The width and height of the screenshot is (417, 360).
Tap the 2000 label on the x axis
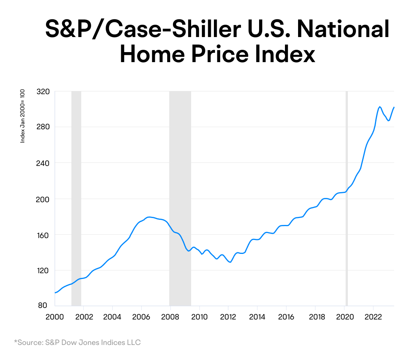(54, 317)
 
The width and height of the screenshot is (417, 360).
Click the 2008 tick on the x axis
(170, 317)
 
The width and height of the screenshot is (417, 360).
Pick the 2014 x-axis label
(257, 317)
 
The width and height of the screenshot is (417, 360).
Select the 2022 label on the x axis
(373, 317)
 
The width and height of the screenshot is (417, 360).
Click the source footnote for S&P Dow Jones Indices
(77, 342)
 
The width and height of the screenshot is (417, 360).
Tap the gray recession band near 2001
(76, 193)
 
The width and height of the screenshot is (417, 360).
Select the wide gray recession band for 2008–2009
(180, 193)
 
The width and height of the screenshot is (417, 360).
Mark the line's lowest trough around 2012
(230, 262)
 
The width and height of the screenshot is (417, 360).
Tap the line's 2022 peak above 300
(380, 106)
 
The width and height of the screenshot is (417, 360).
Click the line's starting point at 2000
(55, 293)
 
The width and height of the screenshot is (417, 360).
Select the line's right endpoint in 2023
(394, 107)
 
